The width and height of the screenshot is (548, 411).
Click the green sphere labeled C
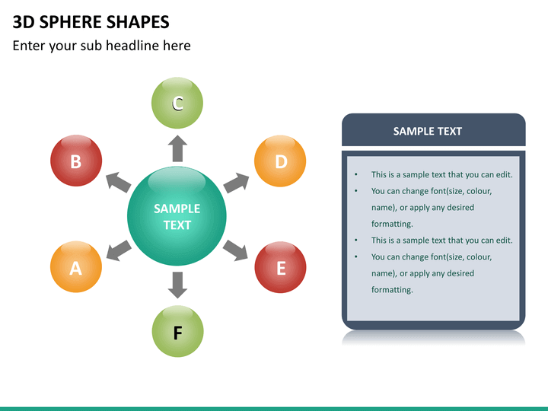(x=177, y=103)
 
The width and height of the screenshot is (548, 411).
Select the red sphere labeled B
(x=76, y=161)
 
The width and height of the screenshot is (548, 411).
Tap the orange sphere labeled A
(x=76, y=267)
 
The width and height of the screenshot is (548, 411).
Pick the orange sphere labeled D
(x=280, y=161)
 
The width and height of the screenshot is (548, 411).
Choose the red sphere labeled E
(x=280, y=267)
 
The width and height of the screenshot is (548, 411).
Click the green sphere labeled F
(x=177, y=332)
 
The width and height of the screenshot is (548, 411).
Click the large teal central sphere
(x=177, y=216)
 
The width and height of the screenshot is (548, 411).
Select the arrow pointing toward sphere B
(x=118, y=182)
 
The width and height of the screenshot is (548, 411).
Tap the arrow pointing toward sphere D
(x=237, y=182)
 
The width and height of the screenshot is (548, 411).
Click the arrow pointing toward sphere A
(x=118, y=249)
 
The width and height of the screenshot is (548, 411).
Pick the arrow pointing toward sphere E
(x=237, y=249)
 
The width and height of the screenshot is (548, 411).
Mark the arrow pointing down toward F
(x=177, y=284)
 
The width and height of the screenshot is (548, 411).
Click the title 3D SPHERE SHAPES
(x=91, y=22)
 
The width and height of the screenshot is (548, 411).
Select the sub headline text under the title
(x=101, y=46)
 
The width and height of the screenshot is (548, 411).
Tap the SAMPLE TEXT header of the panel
(x=427, y=131)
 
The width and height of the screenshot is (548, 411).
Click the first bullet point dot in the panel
(x=356, y=175)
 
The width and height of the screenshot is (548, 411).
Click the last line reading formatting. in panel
(x=392, y=290)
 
